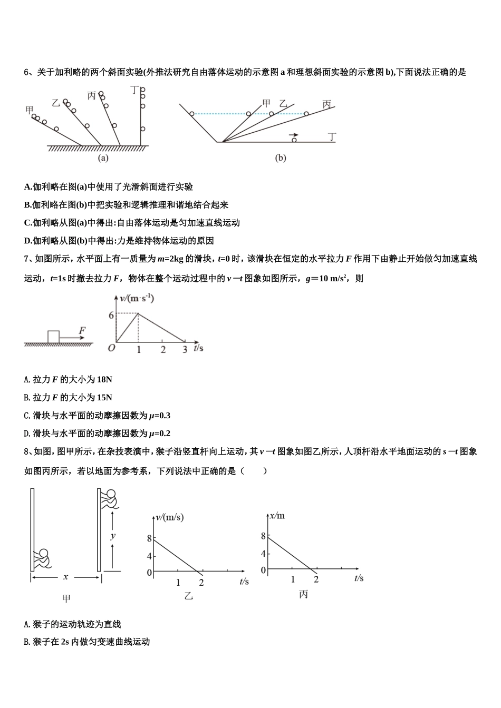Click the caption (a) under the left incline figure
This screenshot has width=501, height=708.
pos(103,158)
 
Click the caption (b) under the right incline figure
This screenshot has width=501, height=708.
pos(281,158)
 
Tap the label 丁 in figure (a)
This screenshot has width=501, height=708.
pos(135,90)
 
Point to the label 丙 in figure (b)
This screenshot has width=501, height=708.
pos(327,104)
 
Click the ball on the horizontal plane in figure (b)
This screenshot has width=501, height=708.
pos(294,140)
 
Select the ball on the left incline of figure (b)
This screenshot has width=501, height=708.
pos(192,114)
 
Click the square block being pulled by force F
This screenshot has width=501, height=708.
pos(53,337)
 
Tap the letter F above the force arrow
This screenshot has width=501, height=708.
pos(82,330)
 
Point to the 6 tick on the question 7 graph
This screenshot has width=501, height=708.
pos(111,315)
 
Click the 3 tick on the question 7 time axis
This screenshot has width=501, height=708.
pos(185,350)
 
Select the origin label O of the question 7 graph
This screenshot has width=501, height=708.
pos(111,349)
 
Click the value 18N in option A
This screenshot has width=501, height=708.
pos(104,379)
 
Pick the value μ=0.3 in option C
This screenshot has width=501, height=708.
pos(159,416)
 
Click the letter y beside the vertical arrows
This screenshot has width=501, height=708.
pos(113,536)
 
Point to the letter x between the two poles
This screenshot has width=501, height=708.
pos(66,577)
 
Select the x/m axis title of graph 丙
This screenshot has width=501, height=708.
pos(277,515)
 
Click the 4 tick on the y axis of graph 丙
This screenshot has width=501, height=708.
pos(264,554)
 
